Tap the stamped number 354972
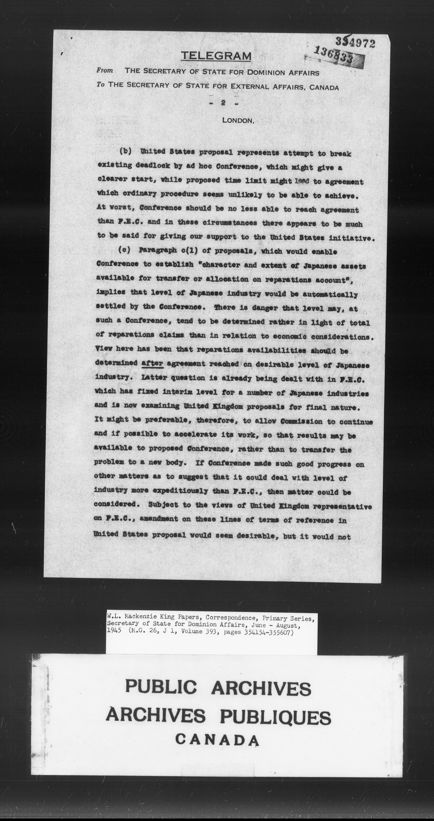click(355, 42)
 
